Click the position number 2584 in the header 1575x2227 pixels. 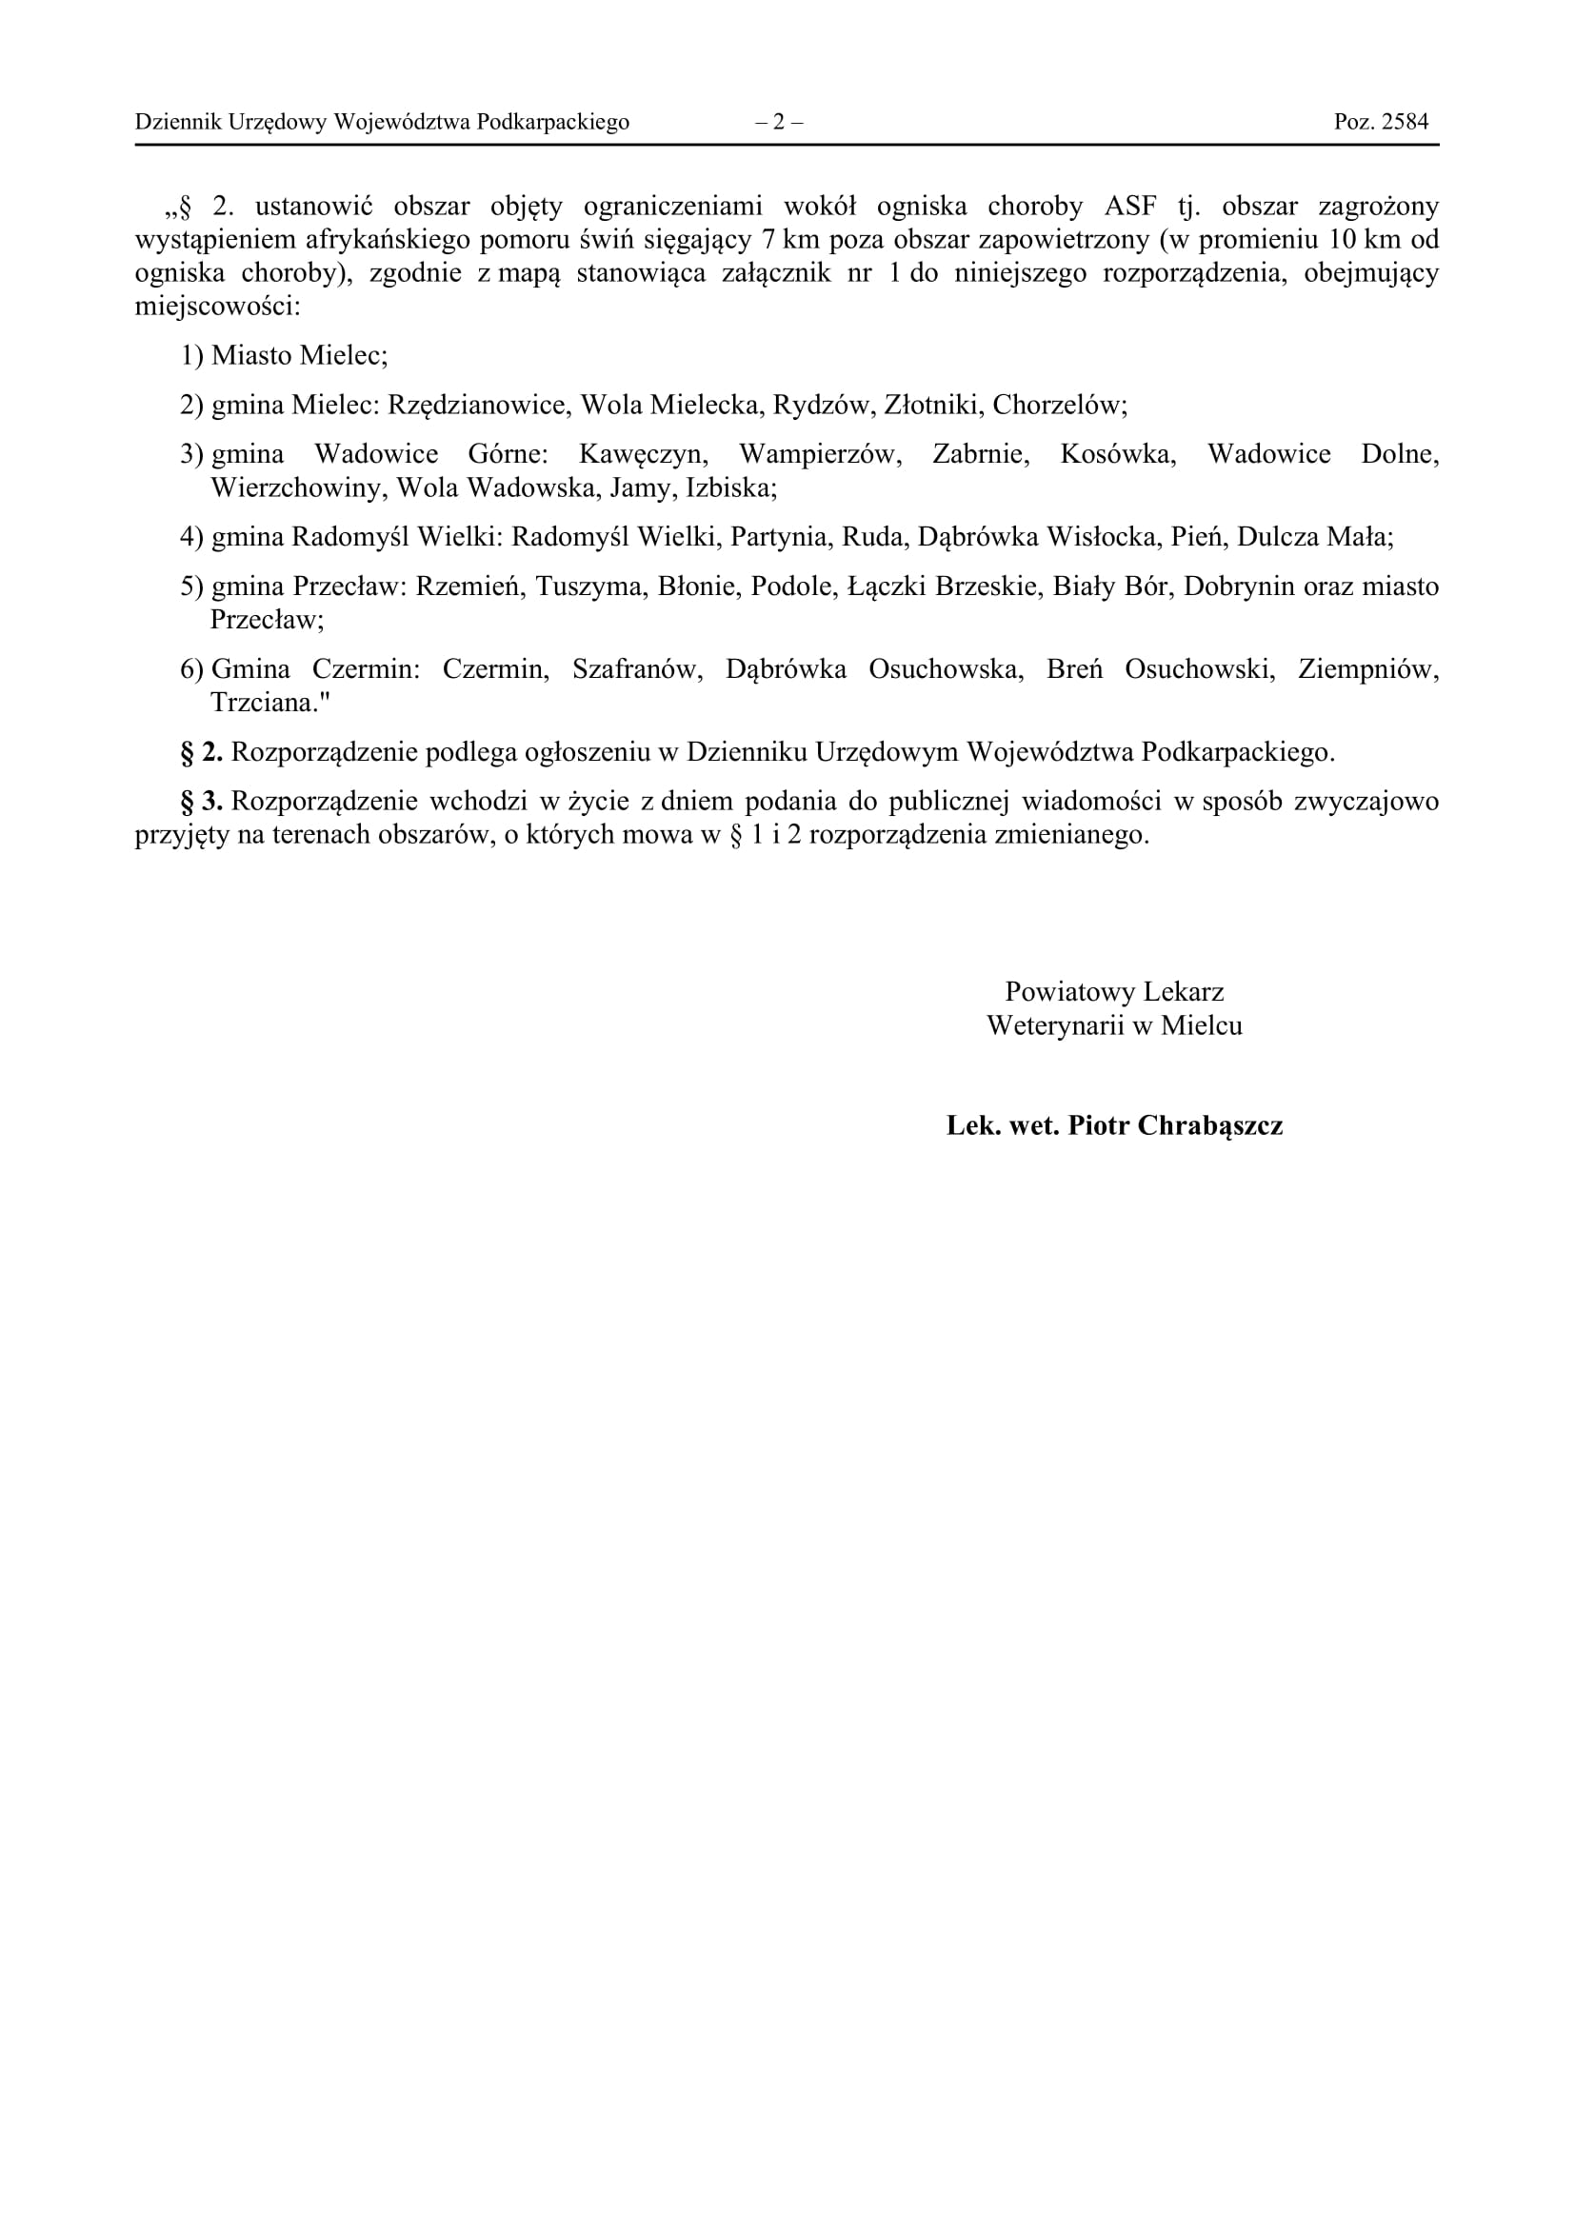(x=1405, y=122)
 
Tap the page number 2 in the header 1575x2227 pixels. (x=779, y=122)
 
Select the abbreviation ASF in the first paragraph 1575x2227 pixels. (x=1130, y=207)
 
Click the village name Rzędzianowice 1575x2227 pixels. (x=478, y=405)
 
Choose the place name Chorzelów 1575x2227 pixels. (x=1059, y=405)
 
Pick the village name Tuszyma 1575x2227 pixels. (x=588, y=586)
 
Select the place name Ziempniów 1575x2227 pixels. (x=1367, y=669)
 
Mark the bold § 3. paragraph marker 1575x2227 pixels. (x=202, y=801)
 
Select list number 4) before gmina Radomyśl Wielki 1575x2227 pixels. (x=191, y=536)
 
